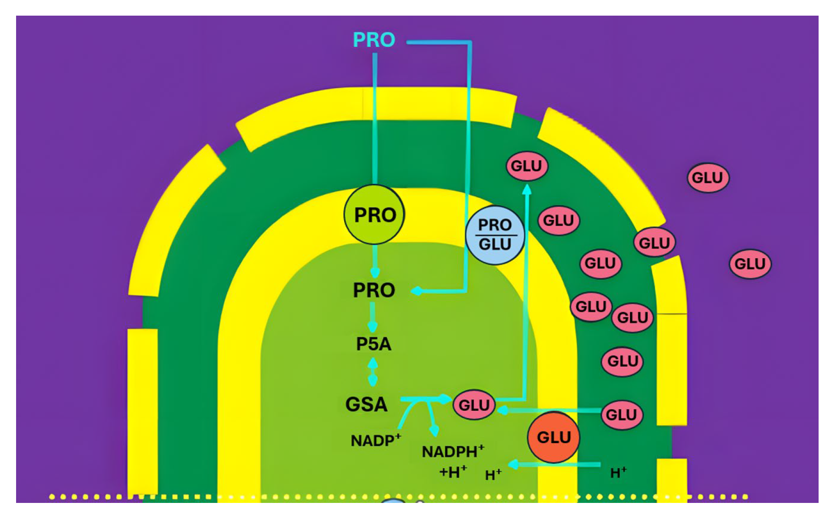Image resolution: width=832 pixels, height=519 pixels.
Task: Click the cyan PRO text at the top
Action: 374,40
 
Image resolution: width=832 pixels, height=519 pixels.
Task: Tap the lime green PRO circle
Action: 374,215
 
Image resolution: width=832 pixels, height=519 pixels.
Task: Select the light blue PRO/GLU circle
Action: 495,235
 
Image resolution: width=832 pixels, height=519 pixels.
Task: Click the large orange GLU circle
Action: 553,437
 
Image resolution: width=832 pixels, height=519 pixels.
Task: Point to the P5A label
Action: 374,344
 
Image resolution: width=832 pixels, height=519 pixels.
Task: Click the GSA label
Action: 366,405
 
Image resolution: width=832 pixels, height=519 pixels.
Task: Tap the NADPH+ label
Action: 453,452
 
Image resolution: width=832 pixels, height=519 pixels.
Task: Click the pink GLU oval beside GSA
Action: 474,405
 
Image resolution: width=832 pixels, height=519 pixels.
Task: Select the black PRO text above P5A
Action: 374,290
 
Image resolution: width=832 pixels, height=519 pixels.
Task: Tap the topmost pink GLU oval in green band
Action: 526,166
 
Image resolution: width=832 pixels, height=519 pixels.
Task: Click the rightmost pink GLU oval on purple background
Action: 750,264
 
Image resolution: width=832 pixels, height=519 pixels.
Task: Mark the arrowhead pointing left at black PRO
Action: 416,291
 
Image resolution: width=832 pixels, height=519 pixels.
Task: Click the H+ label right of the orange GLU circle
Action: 618,473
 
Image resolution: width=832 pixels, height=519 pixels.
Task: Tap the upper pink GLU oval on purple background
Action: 707,178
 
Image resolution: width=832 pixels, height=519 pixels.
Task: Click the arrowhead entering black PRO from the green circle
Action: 375,272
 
